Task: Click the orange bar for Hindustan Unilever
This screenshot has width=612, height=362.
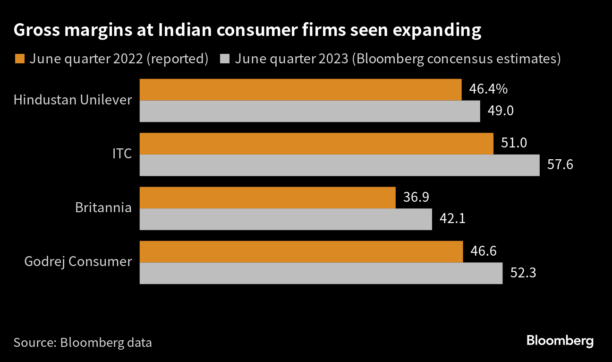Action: (x=300, y=90)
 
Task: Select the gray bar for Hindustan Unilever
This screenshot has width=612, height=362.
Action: (x=310, y=112)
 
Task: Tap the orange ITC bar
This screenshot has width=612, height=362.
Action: (x=316, y=144)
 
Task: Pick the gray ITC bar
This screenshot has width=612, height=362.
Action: (x=340, y=165)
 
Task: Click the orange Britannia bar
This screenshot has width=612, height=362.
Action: (x=267, y=198)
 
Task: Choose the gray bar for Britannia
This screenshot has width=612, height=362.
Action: (x=286, y=219)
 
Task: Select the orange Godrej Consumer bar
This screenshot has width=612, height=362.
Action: (x=301, y=251)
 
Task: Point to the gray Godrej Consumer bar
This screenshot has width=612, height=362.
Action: (x=321, y=273)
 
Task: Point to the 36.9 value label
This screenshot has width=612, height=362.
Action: (x=416, y=197)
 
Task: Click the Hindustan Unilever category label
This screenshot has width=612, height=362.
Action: (x=73, y=100)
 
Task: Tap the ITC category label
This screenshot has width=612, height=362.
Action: (x=122, y=154)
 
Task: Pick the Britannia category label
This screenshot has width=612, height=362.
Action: (x=103, y=208)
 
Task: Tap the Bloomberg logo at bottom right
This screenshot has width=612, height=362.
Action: (x=560, y=341)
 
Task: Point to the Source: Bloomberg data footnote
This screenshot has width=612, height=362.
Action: (x=83, y=343)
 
